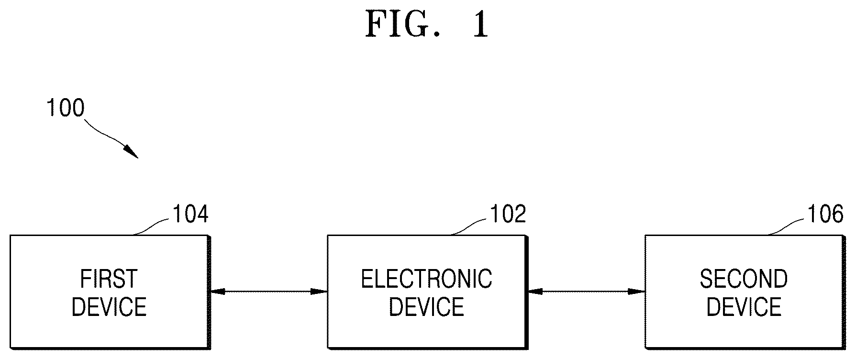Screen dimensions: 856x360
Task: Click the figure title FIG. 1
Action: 427,24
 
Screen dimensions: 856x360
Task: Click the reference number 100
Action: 65,108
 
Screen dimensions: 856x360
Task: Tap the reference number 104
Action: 190,214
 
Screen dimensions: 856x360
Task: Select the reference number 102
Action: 508,214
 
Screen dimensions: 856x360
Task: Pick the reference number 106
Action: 825,214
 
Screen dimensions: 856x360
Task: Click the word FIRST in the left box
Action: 109,279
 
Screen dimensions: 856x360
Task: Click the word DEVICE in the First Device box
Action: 109,307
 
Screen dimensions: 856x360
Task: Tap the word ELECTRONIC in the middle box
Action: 426,279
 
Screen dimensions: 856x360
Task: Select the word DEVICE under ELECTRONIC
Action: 426,307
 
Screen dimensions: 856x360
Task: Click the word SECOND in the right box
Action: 744,279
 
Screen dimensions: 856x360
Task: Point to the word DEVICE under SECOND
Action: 744,307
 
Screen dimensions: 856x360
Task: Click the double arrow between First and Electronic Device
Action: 268,291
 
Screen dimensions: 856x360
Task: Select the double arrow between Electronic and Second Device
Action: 586,291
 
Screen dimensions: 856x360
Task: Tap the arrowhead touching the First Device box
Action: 218,291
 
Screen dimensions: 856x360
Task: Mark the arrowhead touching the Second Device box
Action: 637,291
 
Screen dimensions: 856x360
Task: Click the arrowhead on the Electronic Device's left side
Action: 319,291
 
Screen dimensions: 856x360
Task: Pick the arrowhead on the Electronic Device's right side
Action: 535,291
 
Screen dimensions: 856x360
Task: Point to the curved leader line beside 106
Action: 786,225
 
